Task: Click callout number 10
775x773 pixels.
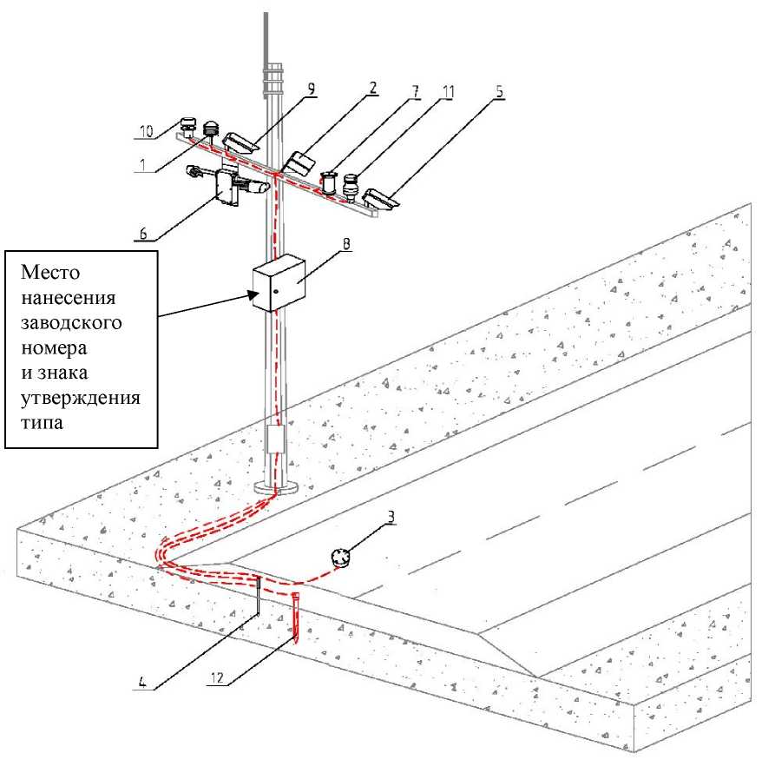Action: (x=148, y=132)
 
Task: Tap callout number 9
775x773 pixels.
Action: (x=311, y=87)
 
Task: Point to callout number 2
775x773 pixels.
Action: (x=373, y=88)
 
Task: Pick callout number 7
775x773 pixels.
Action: (x=417, y=88)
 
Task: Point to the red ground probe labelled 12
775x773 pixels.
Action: (x=297, y=618)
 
